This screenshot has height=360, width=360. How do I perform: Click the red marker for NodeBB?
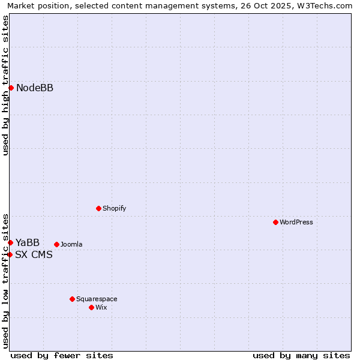coord(11,88)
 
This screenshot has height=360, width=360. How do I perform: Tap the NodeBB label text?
coord(35,88)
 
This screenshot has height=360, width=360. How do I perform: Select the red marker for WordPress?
coord(275,222)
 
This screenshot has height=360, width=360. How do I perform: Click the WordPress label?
coord(296,222)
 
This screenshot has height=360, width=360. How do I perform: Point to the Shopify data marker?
coord(98,208)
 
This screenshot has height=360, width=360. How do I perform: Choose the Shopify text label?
coord(114,208)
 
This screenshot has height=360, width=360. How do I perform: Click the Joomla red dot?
coord(56,244)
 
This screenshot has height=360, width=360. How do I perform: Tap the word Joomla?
coord(71,244)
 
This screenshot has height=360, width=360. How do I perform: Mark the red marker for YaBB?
coord(11,242)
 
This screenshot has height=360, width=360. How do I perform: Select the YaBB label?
coord(28,242)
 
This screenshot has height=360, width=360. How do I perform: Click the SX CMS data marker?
coord(10,254)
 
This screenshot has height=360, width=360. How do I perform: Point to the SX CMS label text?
coord(34,254)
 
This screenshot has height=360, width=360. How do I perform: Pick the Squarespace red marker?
coord(72,299)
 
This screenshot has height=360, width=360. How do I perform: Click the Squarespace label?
coord(97,299)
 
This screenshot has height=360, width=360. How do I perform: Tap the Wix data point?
coord(91,307)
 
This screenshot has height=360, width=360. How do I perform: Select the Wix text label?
coord(101,307)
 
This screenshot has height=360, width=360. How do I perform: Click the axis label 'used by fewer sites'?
coord(62,355)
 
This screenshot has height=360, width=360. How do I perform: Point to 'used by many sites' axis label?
coord(301,355)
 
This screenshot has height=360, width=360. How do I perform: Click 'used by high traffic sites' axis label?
coord(5,85)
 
